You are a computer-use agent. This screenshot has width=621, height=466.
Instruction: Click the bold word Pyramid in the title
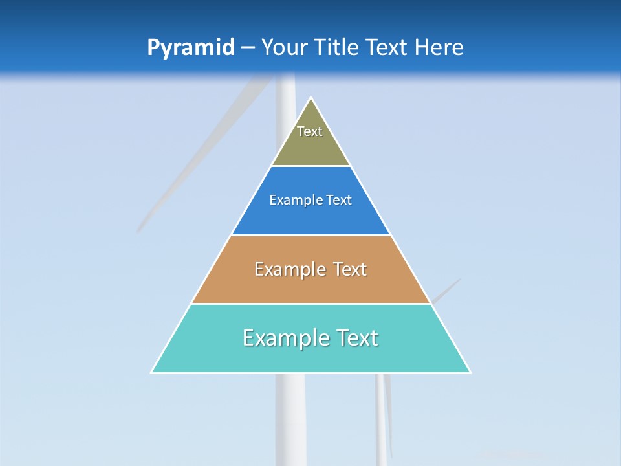(x=191, y=48)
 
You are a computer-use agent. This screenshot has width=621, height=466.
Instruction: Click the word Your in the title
(x=283, y=48)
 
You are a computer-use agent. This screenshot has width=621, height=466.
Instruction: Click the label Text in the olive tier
(x=310, y=131)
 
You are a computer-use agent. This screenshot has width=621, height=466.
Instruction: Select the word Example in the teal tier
(x=285, y=338)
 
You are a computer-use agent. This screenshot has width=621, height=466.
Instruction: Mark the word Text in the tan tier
(x=350, y=269)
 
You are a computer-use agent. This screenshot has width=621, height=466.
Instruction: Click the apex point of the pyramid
(x=311, y=98)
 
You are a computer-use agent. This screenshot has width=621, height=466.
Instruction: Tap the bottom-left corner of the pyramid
(x=152, y=372)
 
